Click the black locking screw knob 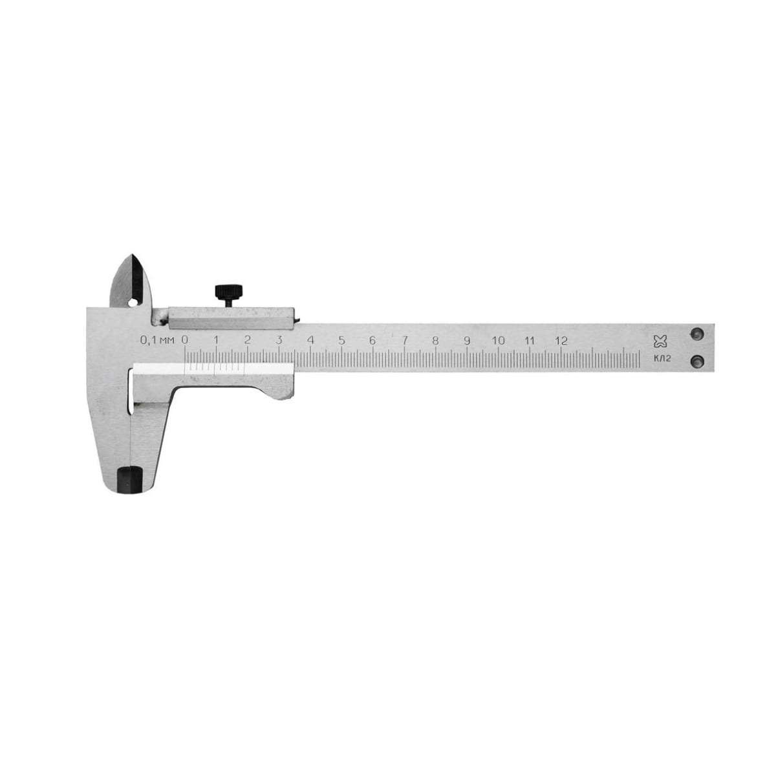click(x=229, y=291)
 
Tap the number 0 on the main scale click(x=185, y=340)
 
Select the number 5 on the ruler click(x=341, y=341)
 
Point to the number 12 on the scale click(x=561, y=341)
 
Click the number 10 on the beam click(x=498, y=341)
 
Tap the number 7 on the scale click(x=405, y=341)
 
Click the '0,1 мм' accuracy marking click(x=157, y=340)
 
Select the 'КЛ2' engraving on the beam click(x=662, y=359)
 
